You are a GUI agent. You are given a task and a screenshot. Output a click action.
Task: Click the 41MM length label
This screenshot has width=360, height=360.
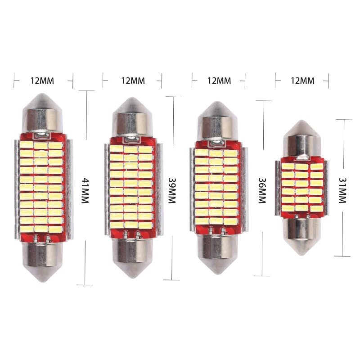click(85, 190)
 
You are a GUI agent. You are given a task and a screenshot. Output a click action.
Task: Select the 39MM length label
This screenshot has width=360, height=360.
click(172, 190)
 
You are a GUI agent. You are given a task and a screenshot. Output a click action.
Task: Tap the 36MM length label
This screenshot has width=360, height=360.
click(262, 190)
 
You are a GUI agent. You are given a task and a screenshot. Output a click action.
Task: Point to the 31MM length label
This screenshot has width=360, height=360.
click(342, 190)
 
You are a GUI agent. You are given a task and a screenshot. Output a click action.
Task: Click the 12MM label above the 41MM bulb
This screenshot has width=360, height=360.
click(42, 81)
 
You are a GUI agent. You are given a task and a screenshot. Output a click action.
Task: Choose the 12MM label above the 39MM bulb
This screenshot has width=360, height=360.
click(133, 81)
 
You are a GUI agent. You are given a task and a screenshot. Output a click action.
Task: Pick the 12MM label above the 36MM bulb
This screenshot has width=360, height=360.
click(219, 81)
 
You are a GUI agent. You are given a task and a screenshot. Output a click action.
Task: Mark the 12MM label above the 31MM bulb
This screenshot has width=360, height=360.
click(302, 81)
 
